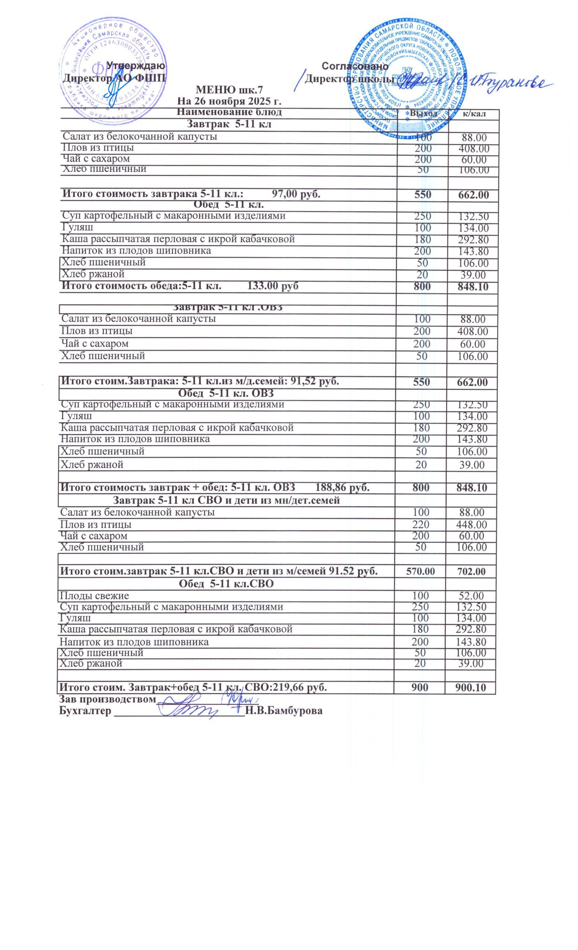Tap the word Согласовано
[355, 66]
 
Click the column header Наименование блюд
[229, 112]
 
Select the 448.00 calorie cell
[471, 525]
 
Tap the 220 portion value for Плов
[420, 525]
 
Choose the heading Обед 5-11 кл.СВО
[227, 584]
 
